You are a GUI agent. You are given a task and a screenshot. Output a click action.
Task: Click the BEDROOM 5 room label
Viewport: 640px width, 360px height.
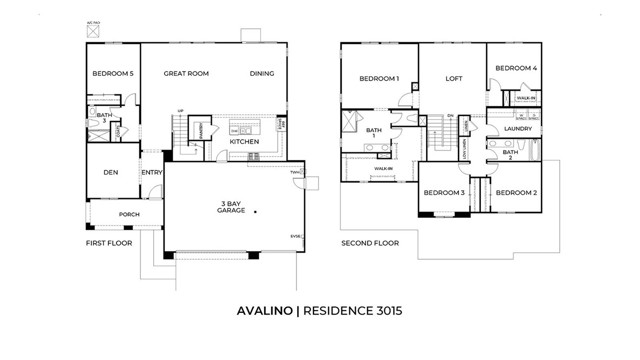coord(113,73)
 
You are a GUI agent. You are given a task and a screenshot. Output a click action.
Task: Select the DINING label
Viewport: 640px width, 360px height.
coord(262,73)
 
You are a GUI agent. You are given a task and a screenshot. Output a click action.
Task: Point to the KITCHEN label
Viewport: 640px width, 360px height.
coord(245,142)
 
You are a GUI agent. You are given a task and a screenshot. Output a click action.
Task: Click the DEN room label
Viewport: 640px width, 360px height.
coord(111,172)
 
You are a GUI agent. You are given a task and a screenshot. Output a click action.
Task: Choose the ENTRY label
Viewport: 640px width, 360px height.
coord(152,172)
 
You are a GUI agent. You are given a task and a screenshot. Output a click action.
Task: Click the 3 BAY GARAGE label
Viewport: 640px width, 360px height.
coord(235,208)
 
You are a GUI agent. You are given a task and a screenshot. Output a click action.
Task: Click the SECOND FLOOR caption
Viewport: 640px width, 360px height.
coord(370,243)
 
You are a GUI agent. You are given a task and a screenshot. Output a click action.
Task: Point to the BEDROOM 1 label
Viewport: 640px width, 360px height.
coord(379,78)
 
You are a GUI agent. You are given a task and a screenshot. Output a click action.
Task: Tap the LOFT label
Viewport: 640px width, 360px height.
coord(454,78)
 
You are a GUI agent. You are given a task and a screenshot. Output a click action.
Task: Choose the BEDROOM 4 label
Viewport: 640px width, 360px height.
coord(515,68)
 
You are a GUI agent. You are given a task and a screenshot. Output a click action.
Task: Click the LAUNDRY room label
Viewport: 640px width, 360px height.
coord(517,129)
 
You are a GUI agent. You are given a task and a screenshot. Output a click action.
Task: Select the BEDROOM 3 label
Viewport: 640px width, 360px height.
coord(443,192)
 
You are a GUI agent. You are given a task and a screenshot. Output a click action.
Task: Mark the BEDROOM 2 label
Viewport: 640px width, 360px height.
coord(517,192)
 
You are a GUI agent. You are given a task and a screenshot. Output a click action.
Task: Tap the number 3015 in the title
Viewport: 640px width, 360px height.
coord(385,311)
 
